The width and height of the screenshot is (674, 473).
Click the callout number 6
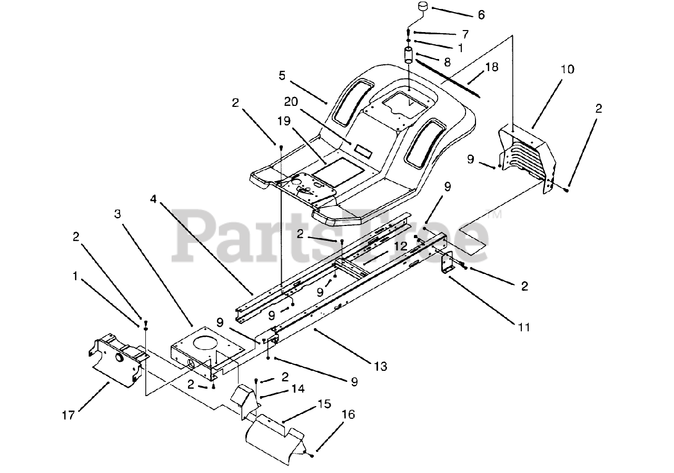(x=481, y=15)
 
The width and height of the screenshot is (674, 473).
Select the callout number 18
(x=492, y=67)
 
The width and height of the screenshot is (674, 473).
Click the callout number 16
(x=348, y=414)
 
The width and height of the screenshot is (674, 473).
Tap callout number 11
(x=523, y=328)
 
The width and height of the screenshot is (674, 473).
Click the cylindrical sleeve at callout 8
(x=409, y=55)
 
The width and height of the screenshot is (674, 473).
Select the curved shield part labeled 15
(x=274, y=436)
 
